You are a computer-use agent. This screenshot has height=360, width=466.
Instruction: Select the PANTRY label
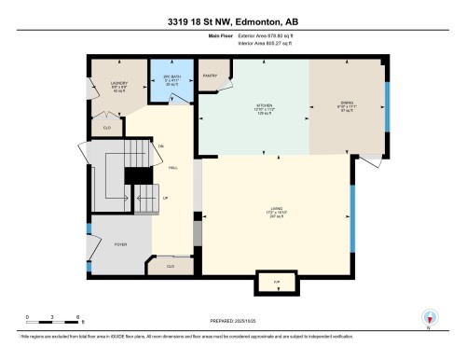click(x=210, y=76)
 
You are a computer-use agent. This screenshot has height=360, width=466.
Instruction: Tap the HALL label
click(x=173, y=169)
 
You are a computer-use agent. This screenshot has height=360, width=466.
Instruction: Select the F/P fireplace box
click(x=276, y=281)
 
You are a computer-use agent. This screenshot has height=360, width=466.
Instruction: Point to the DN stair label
click(x=160, y=145)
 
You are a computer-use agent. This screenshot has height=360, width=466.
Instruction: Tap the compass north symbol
click(x=428, y=317)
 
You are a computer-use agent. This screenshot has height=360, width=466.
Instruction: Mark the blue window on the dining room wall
click(x=387, y=104)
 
